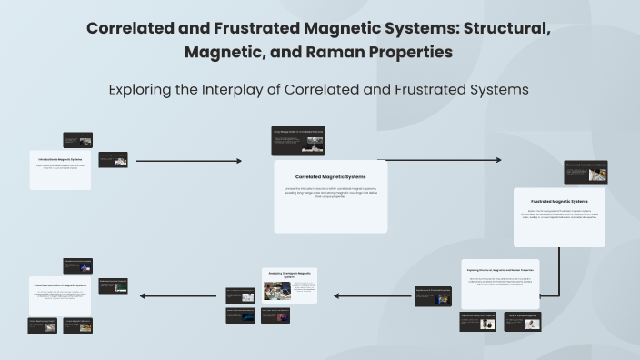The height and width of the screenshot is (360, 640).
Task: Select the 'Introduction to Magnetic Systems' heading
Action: tap(60, 159)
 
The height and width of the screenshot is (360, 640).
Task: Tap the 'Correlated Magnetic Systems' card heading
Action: tap(330, 176)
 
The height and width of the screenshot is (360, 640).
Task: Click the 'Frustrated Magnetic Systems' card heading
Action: tap(559, 201)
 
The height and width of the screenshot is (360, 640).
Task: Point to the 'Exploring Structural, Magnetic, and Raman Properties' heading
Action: tap(500, 271)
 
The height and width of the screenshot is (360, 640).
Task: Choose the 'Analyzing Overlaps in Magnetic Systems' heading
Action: tap(289, 274)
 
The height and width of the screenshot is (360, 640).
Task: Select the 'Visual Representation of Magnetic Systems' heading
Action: tap(60, 285)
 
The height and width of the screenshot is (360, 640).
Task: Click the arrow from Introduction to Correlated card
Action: tap(188, 161)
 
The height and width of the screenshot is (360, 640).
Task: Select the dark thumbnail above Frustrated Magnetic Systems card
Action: tap(585, 172)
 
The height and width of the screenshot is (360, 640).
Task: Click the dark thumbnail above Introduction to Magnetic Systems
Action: tap(77, 139)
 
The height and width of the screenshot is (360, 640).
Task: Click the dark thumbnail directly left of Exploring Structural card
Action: tap(433, 296)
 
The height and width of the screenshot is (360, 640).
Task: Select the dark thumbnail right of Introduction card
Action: tap(113, 159)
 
